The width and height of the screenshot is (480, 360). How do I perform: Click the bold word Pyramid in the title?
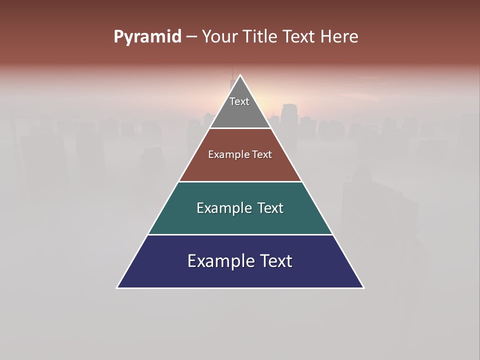(147, 37)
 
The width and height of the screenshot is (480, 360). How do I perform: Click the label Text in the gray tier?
(239, 101)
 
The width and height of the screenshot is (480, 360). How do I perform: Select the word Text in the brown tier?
(262, 155)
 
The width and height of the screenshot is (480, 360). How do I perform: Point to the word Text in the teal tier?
(270, 208)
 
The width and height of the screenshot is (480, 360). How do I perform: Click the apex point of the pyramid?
(240, 76)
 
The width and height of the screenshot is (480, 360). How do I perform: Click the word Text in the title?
(298, 37)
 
